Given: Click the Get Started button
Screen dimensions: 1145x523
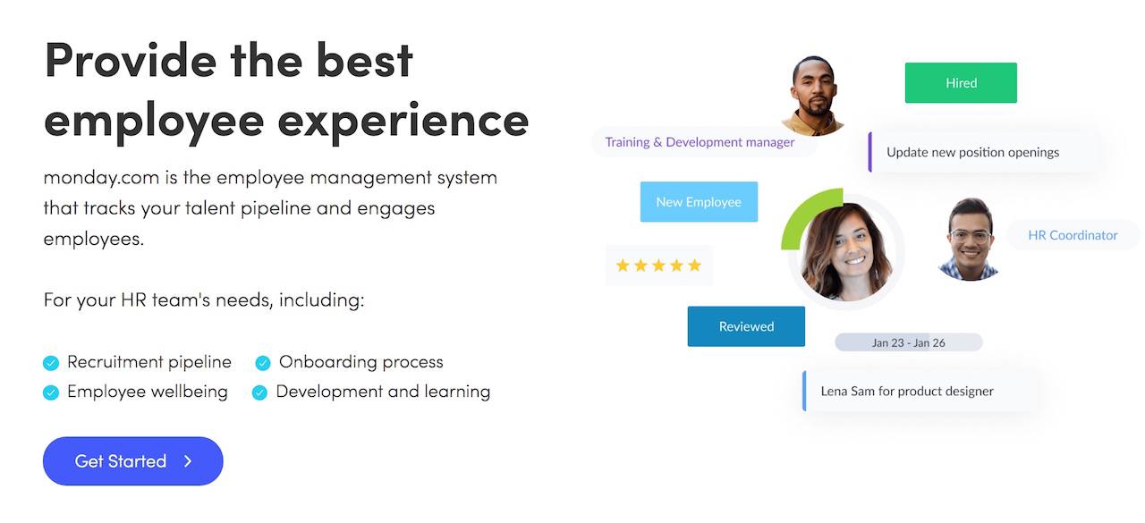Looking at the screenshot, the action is pyautogui.click(x=133, y=460).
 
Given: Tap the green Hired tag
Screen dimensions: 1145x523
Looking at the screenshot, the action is pyautogui.click(x=961, y=83).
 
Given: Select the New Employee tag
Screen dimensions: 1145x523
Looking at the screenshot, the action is pyautogui.click(x=699, y=202).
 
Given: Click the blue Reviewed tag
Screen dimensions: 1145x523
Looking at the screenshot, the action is pyautogui.click(x=746, y=326).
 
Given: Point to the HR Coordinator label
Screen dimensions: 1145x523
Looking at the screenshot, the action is pyautogui.click(x=1073, y=235).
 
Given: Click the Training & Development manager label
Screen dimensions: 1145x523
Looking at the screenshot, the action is pyautogui.click(x=700, y=142).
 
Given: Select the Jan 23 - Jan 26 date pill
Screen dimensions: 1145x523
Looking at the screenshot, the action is pyautogui.click(x=908, y=342).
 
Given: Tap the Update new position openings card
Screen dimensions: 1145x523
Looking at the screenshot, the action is pyautogui.click(x=981, y=152).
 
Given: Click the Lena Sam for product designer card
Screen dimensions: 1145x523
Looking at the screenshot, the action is pyautogui.click(x=920, y=392).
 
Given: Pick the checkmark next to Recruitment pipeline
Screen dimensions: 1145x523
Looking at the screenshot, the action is pyautogui.click(x=51, y=363).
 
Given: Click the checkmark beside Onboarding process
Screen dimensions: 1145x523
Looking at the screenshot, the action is pyautogui.click(x=263, y=363).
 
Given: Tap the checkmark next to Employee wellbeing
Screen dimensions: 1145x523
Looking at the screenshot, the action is pyautogui.click(x=51, y=392).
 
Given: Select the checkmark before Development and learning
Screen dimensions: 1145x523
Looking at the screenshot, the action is pyautogui.click(x=259, y=392).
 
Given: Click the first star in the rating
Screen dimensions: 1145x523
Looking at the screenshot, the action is pyautogui.click(x=623, y=265).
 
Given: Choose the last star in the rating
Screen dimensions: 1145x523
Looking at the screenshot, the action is pyautogui.click(x=694, y=265).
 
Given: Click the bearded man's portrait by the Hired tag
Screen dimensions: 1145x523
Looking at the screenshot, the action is pyautogui.click(x=814, y=96).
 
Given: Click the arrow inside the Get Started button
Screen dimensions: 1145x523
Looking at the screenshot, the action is pyautogui.click(x=188, y=461).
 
